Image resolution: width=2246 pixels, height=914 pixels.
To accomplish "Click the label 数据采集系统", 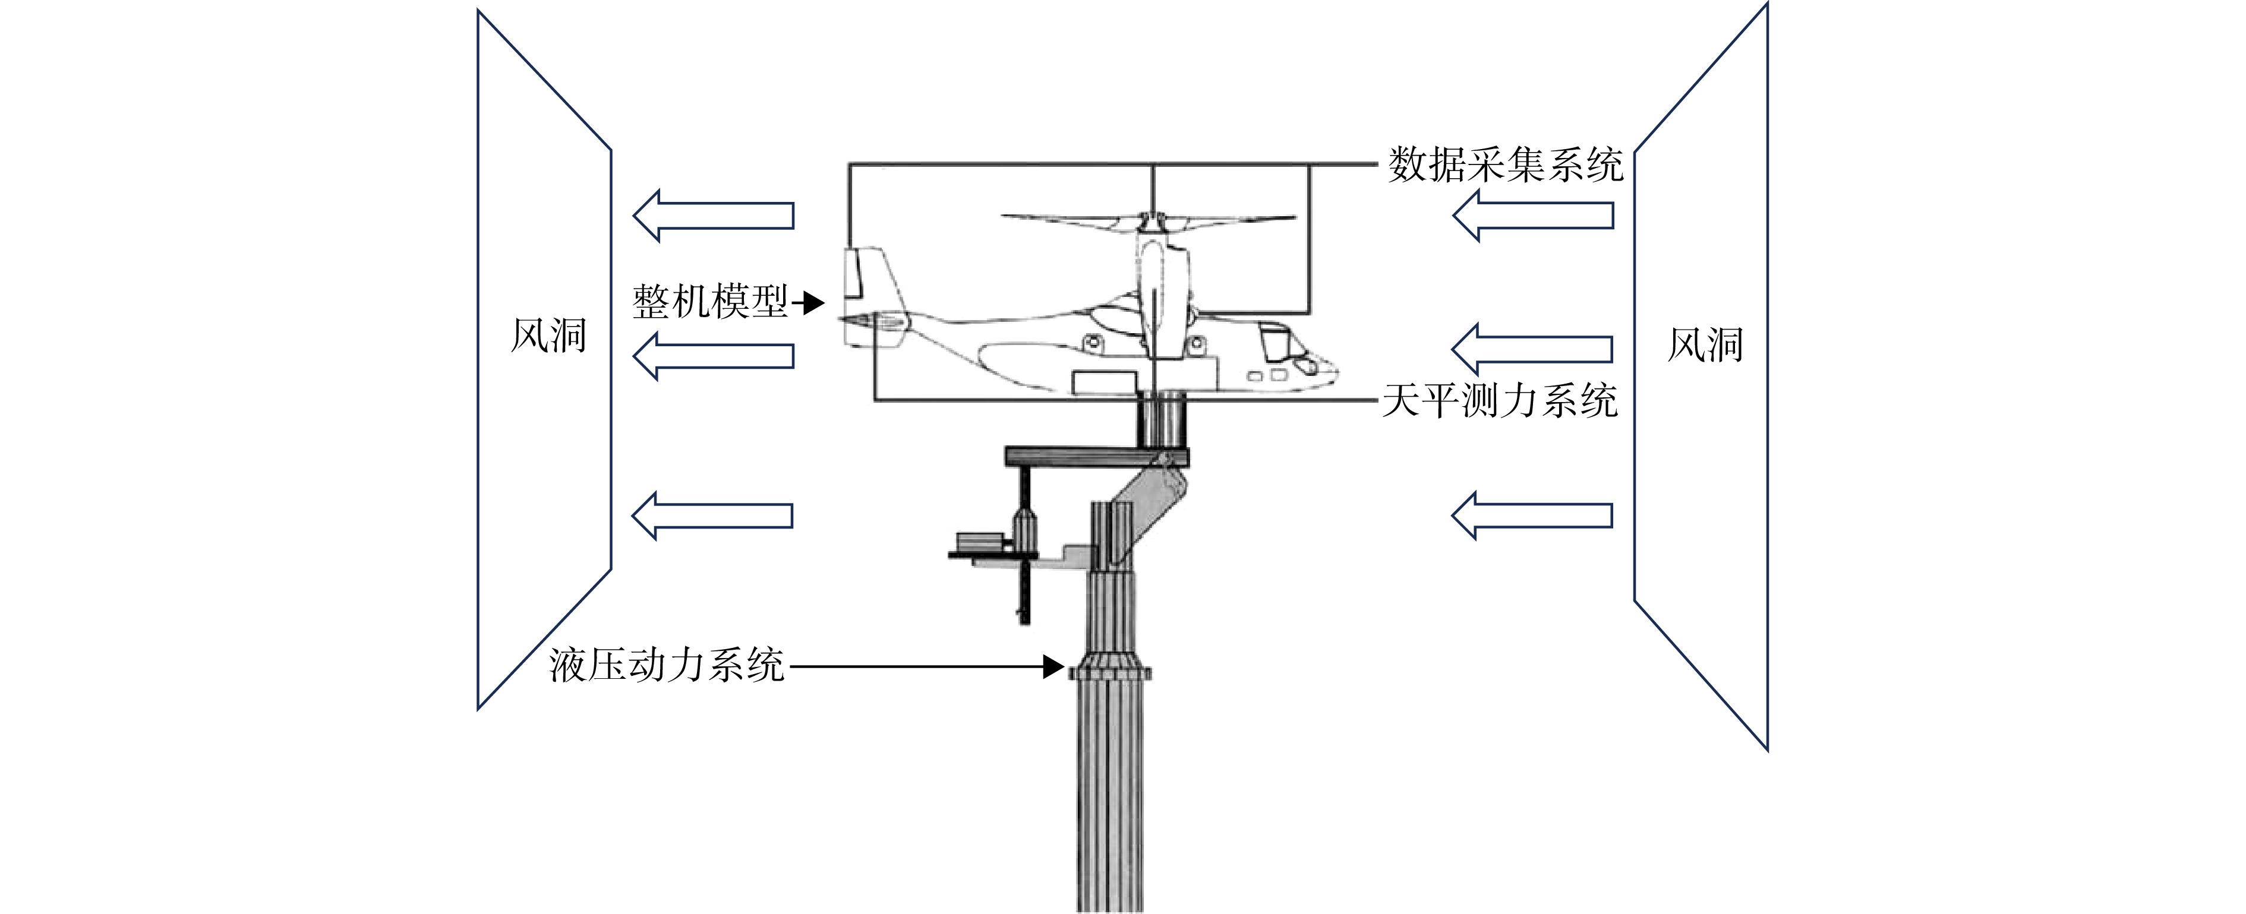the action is click(x=1506, y=165).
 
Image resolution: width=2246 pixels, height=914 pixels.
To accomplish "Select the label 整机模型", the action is click(x=709, y=302).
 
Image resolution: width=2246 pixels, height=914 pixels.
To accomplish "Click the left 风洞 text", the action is click(x=548, y=336).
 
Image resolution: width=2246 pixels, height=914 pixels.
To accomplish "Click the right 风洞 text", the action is click(x=1705, y=345).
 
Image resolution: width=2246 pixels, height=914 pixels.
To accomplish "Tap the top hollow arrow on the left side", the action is click(x=713, y=215).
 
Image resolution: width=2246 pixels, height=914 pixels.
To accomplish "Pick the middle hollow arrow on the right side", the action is click(x=1532, y=349).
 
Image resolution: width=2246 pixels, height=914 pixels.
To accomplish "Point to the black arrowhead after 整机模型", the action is click(x=813, y=303).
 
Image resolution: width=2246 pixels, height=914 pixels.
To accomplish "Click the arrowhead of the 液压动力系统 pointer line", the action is click(x=1055, y=668).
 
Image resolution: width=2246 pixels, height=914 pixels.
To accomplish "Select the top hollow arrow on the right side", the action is click(x=1532, y=215).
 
